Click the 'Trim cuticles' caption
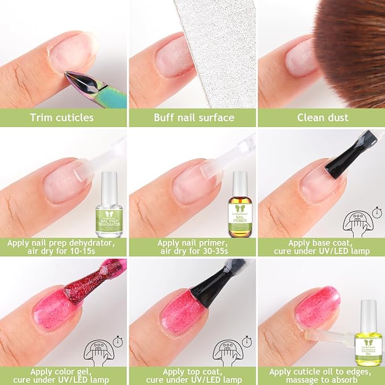[64, 118]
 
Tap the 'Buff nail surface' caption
[193, 118]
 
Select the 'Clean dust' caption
[321, 118]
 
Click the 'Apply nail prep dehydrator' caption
[64, 248]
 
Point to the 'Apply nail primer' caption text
[193, 248]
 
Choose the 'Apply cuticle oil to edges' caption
[321, 375]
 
